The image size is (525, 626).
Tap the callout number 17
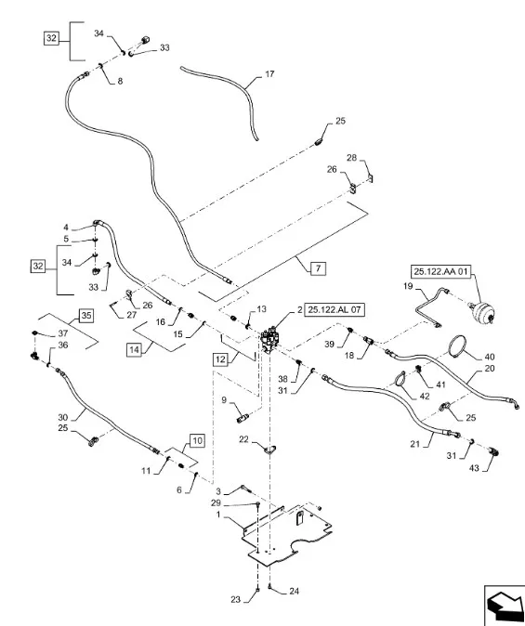coord(270,73)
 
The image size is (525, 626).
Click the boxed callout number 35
coord(85,316)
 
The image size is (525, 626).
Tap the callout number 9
coord(223,399)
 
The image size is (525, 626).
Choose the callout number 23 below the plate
coord(234,600)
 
